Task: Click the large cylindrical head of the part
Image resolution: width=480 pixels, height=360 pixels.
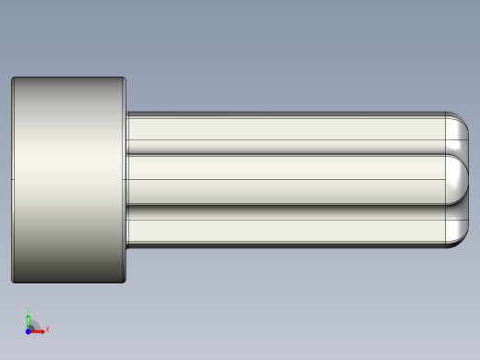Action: click(68, 180)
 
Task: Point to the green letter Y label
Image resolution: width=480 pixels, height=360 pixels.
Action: click(29, 311)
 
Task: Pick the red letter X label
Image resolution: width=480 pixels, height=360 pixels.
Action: click(47, 329)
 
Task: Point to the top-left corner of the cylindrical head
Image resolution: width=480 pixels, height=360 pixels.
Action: click(13, 78)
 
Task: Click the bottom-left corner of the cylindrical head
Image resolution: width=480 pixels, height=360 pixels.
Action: click(13, 281)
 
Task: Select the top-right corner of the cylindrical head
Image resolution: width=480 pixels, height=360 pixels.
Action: click(125, 78)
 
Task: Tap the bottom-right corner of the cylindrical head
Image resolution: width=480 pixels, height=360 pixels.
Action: click(125, 281)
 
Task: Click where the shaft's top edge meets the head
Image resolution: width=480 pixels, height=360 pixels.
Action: click(126, 113)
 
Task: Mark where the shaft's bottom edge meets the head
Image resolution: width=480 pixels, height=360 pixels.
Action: click(126, 246)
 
